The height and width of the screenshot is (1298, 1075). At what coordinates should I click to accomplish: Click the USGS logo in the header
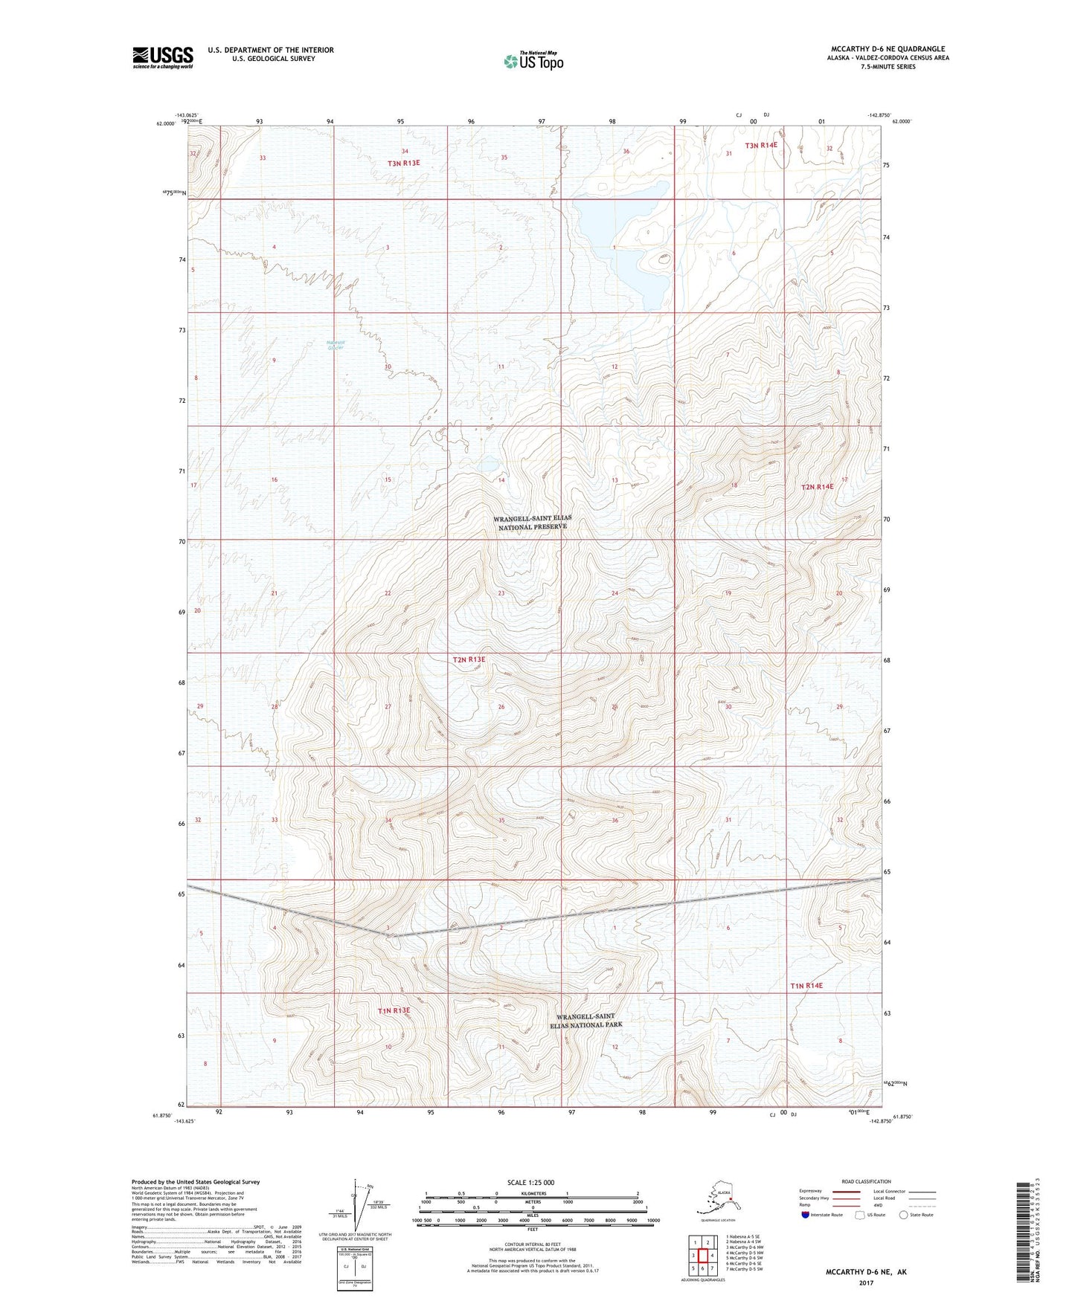tap(163, 57)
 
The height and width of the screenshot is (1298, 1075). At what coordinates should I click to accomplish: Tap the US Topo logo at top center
tap(533, 61)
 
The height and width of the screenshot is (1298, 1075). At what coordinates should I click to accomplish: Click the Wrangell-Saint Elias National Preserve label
tap(532, 523)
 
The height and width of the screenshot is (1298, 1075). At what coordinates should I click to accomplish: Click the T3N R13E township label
tap(402, 163)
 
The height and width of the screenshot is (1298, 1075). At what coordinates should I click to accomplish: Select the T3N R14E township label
tap(761, 145)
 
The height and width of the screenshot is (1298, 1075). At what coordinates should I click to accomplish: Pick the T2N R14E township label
tap(817, 487)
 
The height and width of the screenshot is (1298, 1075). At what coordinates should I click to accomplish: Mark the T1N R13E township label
tap(394, 1011)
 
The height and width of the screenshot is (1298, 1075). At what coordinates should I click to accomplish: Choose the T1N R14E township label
tap(806, 986)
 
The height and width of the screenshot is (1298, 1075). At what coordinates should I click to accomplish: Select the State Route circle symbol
tap(904, 1215)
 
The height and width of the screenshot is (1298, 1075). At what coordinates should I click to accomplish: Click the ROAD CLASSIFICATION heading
tap(867, 1181)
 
